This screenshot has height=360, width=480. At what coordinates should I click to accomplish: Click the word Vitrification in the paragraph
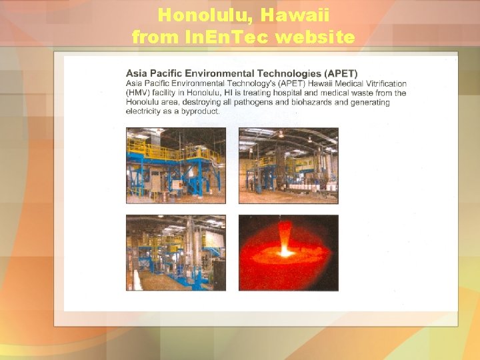(x=383, y=83)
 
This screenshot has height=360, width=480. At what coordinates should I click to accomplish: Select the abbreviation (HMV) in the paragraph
(x=139, y=93)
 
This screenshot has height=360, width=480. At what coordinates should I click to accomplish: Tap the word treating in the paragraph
(x=268, y=93)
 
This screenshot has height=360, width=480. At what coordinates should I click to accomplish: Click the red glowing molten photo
(x=288, y=253)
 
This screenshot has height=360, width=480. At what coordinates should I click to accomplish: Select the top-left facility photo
(x=175, y=165)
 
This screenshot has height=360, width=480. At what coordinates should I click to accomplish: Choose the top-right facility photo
(x=288, y=165)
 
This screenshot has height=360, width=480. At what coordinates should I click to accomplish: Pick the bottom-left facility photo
(x=175, y=253)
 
